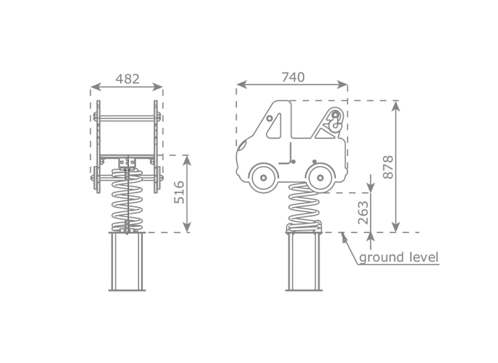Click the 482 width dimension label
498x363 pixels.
tap(127, 79)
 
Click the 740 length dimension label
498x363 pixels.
tap(293, 77)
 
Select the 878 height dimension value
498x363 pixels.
tap(388, 167)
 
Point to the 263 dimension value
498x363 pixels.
tap(363, 213)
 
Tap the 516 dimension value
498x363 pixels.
tap(180, 192)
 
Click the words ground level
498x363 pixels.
tap(399, 258)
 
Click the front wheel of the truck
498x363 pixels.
tap(264, 178)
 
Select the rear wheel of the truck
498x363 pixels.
tap(321, 178)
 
